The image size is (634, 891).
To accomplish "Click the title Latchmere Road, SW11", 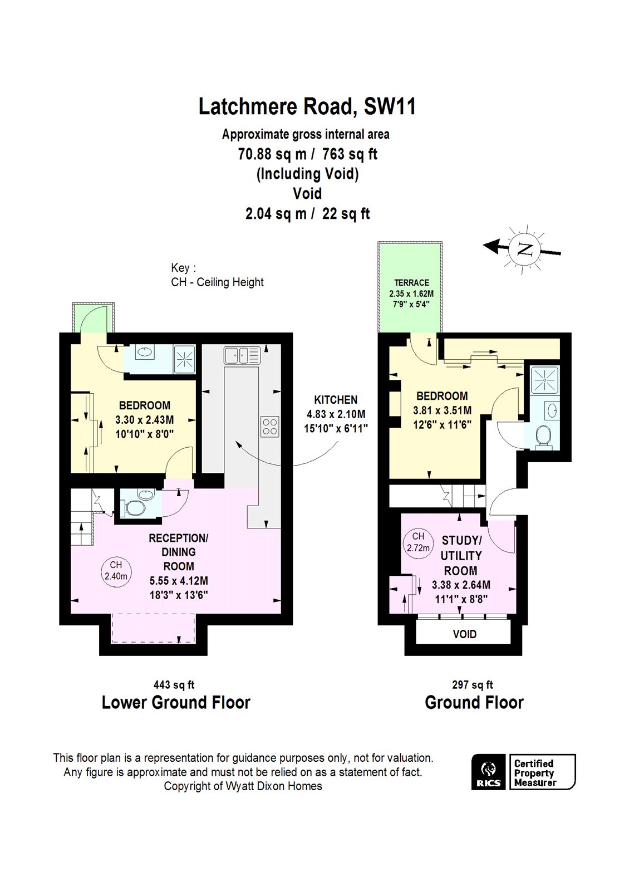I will [x=307, y=106].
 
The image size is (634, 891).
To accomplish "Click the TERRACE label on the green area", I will [x=411, y=283].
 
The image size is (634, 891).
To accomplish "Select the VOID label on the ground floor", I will [x=464, y=634].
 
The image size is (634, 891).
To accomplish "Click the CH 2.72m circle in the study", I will [x=418, y=541].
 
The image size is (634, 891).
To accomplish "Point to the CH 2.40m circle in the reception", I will [x=116, y=570].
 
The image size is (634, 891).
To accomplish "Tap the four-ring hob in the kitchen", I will [x=270, y=426].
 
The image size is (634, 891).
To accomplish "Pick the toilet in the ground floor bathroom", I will [x=542, y=435].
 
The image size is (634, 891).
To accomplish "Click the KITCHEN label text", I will [x=336, y=399].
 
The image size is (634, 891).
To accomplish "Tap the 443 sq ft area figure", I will [x=174, y=685].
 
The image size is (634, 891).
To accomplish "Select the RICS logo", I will [x=488, y=772].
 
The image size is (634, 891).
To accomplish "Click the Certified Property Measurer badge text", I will [x=534, y=773].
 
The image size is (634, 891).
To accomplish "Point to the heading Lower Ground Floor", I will [x=176, y=703].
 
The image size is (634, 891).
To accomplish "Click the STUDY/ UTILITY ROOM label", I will [x=461, y=555].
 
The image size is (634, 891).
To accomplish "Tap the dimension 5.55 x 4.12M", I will [x=178, y=581].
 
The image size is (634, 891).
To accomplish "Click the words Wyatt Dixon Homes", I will [x=273, y=786].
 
